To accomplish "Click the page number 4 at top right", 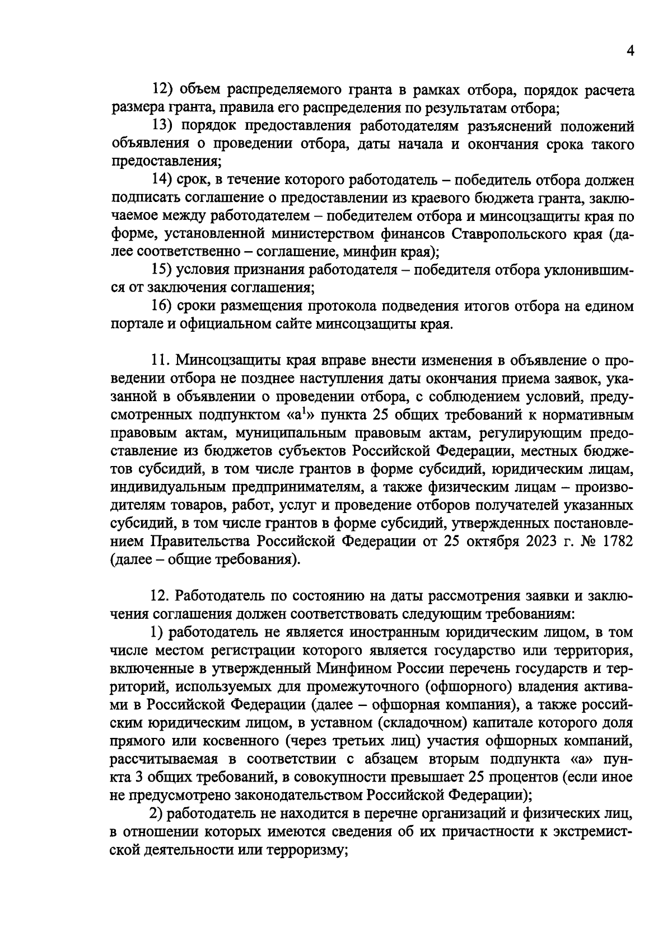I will (x=630, y=51).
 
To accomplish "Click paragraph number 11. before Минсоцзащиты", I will (x=162, y=360).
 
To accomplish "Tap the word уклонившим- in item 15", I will (x=586, y=270).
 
